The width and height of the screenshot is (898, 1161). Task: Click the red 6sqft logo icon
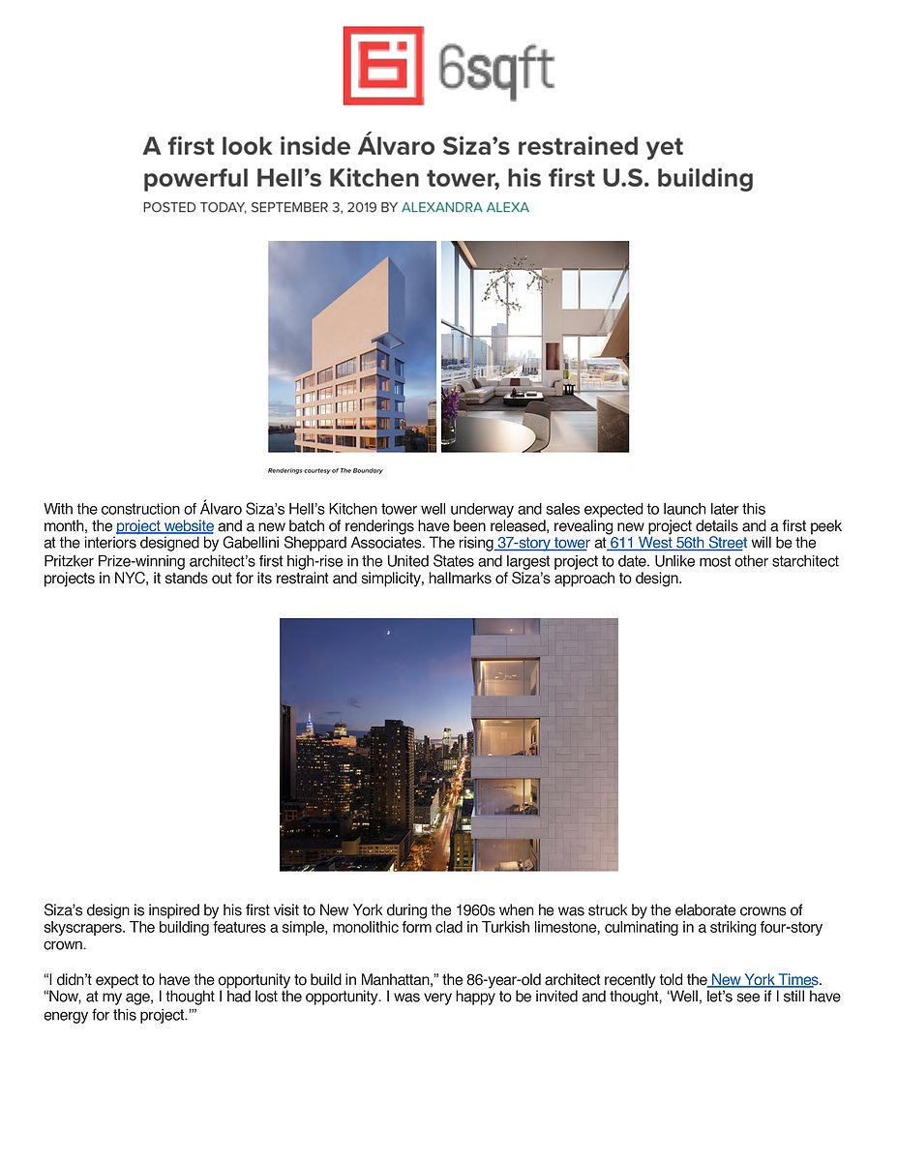click(383, 65)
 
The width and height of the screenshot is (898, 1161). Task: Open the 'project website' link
click(165, 526)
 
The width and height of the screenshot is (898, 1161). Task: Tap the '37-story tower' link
click(542, 543)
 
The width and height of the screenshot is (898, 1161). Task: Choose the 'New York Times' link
click(764, 980)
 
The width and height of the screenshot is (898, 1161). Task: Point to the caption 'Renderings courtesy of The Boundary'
click(325, 471)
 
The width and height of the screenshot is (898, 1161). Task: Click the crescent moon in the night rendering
click(387, 634)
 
